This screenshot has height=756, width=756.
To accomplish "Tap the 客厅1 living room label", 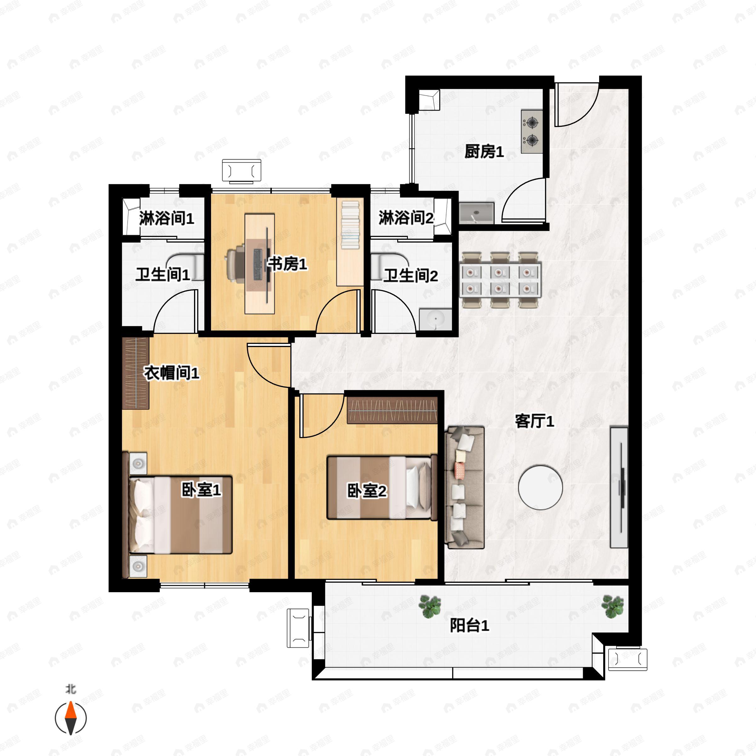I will [x=534, y=421].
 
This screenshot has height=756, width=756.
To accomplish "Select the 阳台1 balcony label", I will [x=469, y=625].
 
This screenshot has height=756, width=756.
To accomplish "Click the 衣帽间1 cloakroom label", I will [x=172, y=373].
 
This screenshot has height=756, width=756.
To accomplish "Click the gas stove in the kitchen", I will [x=532, y=131].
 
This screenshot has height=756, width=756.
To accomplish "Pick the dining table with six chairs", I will [x=501, y=280].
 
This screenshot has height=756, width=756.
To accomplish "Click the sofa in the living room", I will [x=465, y=487].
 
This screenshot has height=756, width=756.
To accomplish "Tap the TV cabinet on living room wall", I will [x=619, y=487].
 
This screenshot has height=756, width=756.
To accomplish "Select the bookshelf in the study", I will [x=350, y=225].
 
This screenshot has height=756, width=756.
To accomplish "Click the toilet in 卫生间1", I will [x=187, y=267].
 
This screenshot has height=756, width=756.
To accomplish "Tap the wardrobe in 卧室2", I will [x=392, y=410].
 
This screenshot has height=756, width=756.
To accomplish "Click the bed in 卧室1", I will [x=181, y=515].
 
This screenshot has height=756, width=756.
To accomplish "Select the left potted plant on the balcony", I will [x=430, y=606].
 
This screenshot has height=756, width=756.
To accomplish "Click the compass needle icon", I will [x=71, y=718].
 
